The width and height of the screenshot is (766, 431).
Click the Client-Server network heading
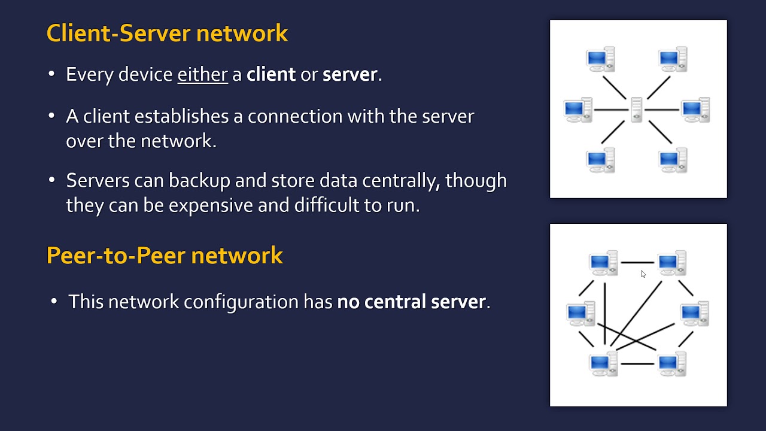[167, 34]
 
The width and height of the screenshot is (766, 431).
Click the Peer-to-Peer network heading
[165, 256]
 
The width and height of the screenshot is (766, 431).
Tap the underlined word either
[202, 74]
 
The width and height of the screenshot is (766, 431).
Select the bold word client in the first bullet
[271, 74]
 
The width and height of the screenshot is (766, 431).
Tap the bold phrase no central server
[412, 302]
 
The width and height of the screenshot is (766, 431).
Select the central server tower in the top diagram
[636, 110]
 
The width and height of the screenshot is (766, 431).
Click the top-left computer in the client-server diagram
[600, 59]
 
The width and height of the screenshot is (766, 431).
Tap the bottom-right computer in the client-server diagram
[673, 160]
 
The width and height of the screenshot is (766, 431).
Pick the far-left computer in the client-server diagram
[577, 110]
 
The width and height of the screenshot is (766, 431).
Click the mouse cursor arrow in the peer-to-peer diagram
[643, 274]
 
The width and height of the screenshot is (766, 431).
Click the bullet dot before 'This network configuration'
[54, 301]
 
